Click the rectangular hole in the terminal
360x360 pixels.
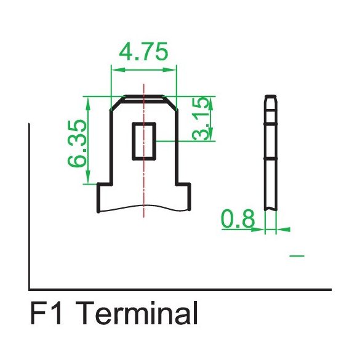(x=145, y=140)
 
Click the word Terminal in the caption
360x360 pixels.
(x=139, y=314)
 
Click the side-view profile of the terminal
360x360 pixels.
(x=271, y=154)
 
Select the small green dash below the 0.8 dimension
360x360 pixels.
(x=297, y=255)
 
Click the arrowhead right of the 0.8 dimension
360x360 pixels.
(x=284, y=230)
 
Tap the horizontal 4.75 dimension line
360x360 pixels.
(x=143, y=68)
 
